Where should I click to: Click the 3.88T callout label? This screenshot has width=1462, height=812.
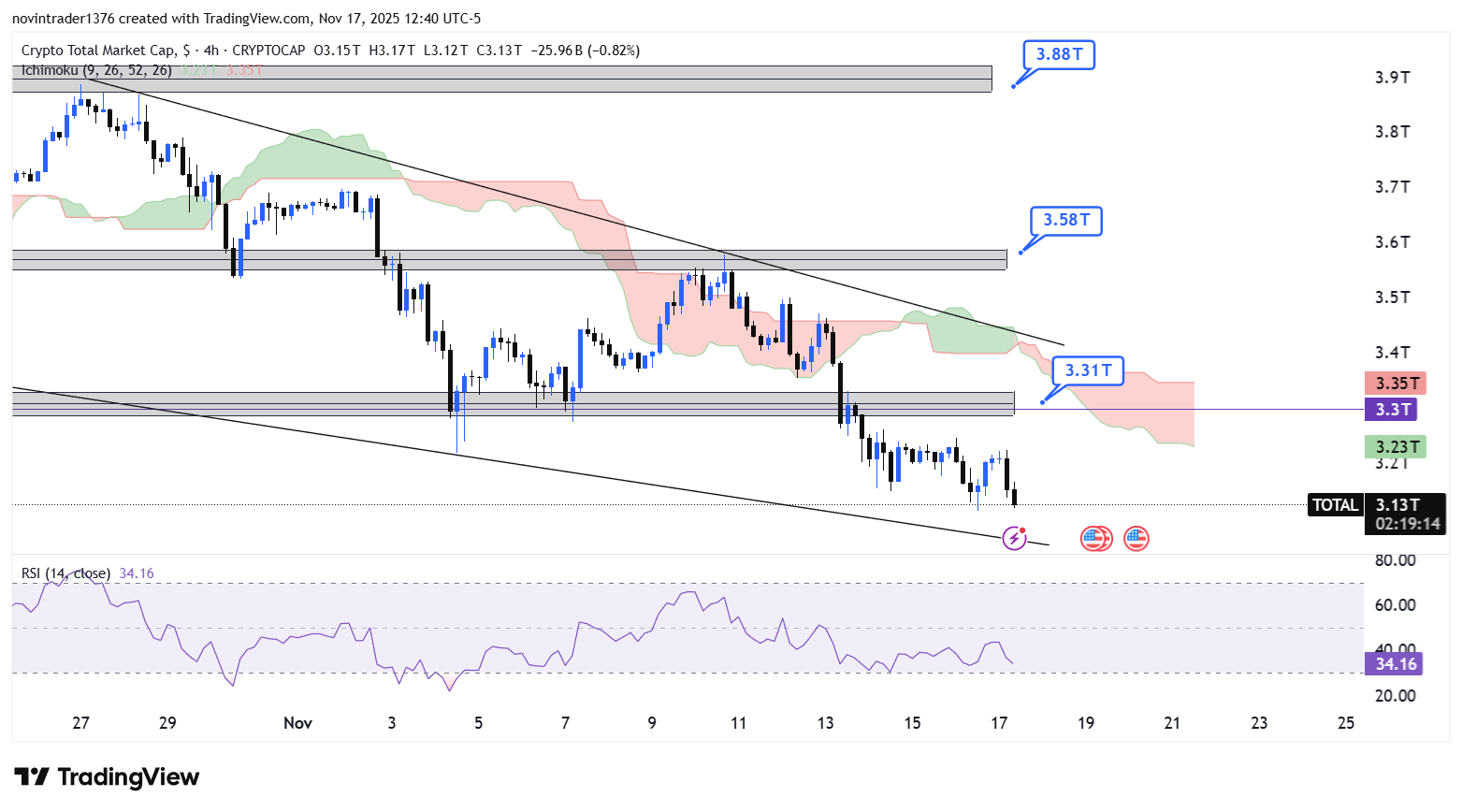point(1059,54)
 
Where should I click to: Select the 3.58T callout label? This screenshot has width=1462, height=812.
point(1066,220)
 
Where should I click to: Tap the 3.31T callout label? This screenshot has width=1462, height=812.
point(1088,370)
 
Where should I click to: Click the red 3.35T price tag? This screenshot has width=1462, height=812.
point(1396,383)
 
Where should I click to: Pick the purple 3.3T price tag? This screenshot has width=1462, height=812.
point(1393,409)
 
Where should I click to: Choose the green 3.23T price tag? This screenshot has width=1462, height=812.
point(1396,446)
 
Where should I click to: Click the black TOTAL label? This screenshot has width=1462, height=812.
point(1334,505)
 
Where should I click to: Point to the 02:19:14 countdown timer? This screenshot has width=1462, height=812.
point(1408,524)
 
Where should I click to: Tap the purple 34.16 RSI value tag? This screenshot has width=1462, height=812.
point(1395,663)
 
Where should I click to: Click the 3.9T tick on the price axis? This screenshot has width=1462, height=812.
point(1392,77)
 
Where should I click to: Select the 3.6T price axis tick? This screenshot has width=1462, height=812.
point(1392,242)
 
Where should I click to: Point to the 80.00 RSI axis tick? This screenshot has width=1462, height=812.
point(1395,560)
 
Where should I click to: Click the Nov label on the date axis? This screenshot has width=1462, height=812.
point(297,722)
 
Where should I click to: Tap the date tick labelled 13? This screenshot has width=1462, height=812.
point(825,722)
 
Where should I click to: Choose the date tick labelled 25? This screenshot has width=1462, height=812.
point(1346,722)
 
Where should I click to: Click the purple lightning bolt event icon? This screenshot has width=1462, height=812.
point(1014,538)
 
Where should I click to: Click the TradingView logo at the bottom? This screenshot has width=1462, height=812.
point(107,777)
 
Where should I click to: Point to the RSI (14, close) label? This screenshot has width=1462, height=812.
point(65,573)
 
